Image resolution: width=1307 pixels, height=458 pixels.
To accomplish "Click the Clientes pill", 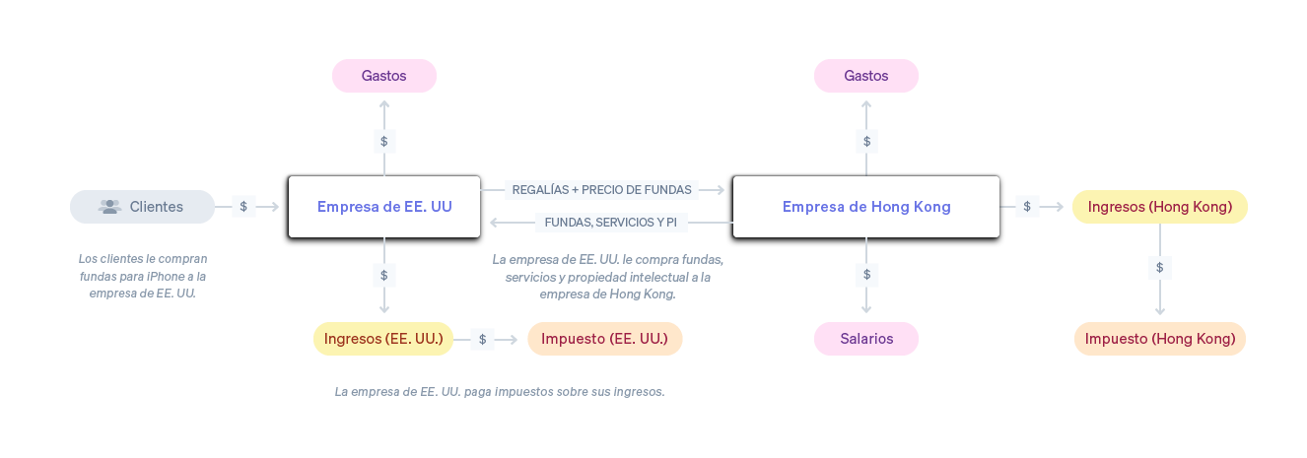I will [x=142, y=207].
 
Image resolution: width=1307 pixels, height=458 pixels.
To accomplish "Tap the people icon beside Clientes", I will [x=109, y=207].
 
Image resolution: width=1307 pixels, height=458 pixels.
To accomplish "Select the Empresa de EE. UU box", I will [x=384, y=207].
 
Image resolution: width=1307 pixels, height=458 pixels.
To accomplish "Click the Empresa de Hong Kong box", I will [x=865, y=207].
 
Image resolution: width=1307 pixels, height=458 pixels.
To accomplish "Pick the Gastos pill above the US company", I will [x=383, y=76].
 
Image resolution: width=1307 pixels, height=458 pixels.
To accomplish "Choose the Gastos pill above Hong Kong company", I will [x=865, y=76].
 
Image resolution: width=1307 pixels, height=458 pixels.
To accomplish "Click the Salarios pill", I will [x=866, y=339].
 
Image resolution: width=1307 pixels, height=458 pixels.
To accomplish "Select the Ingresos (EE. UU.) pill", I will [x=383, y=339].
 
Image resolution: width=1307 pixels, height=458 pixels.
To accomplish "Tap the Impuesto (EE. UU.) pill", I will [x=604, y=339].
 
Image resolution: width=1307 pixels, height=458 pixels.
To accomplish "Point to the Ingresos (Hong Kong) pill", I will [x=1159, y=207].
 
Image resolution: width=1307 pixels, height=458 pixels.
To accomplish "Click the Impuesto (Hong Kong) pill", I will [x=1159, y=339].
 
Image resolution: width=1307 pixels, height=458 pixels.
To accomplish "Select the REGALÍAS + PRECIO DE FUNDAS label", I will [x=601, y=189].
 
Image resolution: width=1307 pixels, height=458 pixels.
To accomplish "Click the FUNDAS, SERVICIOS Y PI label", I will [x=610, y=223].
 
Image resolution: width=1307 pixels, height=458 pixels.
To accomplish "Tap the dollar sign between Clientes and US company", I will [x=243, y=207].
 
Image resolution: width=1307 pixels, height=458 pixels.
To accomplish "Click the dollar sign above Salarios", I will [x=866, y=275].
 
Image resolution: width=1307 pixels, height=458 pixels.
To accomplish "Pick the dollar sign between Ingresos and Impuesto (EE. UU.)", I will [x=482, y=339].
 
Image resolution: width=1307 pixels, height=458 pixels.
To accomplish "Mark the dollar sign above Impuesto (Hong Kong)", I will [x=1159, y=267].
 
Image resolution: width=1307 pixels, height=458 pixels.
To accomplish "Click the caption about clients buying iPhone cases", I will [x=142, y=276].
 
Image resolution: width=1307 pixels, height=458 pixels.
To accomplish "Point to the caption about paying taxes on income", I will [x=500, y=391].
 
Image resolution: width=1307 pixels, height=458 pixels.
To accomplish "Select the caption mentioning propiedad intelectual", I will [x=607, y=277].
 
